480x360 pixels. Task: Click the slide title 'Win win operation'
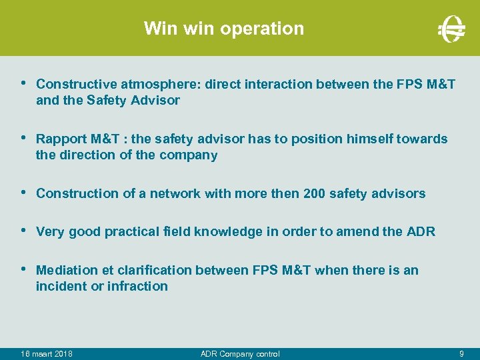point(223,29)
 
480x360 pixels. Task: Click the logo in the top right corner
point(451,29)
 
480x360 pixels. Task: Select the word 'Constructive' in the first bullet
point(77,84)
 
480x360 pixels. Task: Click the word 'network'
point(175,193)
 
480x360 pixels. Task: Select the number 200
point(314,193)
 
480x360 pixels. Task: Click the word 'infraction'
point(138,286)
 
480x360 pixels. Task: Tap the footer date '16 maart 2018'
point(47,353)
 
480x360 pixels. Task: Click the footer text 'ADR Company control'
point(240,353)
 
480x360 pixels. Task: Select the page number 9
point(461,353)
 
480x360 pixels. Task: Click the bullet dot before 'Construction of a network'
point(24,193)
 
